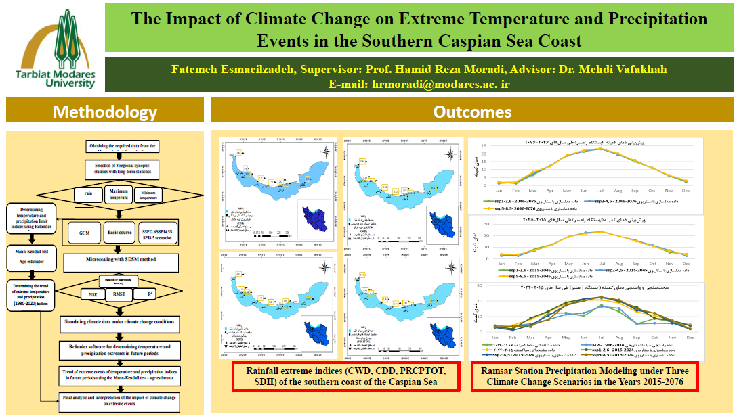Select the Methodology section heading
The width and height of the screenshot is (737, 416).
pos(104,112)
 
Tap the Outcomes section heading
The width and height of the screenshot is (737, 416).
pos(472,112)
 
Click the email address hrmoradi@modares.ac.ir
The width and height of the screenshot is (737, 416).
pos(419,85)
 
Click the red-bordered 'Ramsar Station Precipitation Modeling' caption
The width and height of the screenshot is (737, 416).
pos(584,376)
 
